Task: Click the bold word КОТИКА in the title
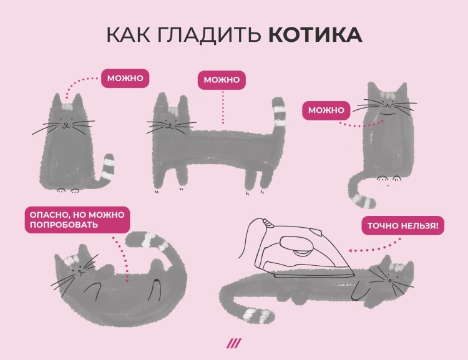315,34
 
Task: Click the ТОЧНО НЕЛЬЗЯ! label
402,225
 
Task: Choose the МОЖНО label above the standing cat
222,80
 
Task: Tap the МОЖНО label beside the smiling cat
326,111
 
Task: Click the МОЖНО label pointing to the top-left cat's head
125,79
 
